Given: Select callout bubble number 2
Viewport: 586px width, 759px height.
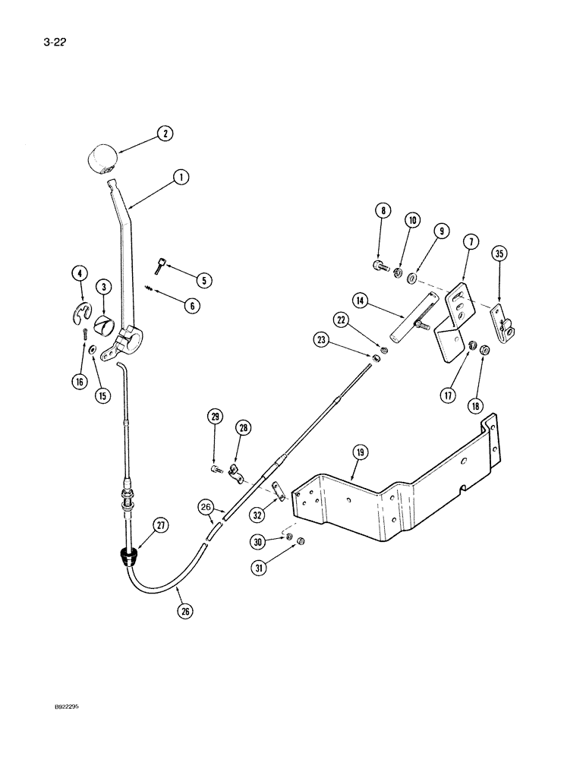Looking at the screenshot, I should point(164,134).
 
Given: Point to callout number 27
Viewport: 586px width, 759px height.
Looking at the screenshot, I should point(161,524).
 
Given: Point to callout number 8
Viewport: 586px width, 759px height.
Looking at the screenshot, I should point(385,212).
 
